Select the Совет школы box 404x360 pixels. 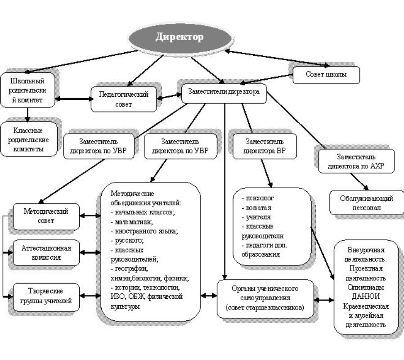pos(327,75)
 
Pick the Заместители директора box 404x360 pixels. pos(224,93)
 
